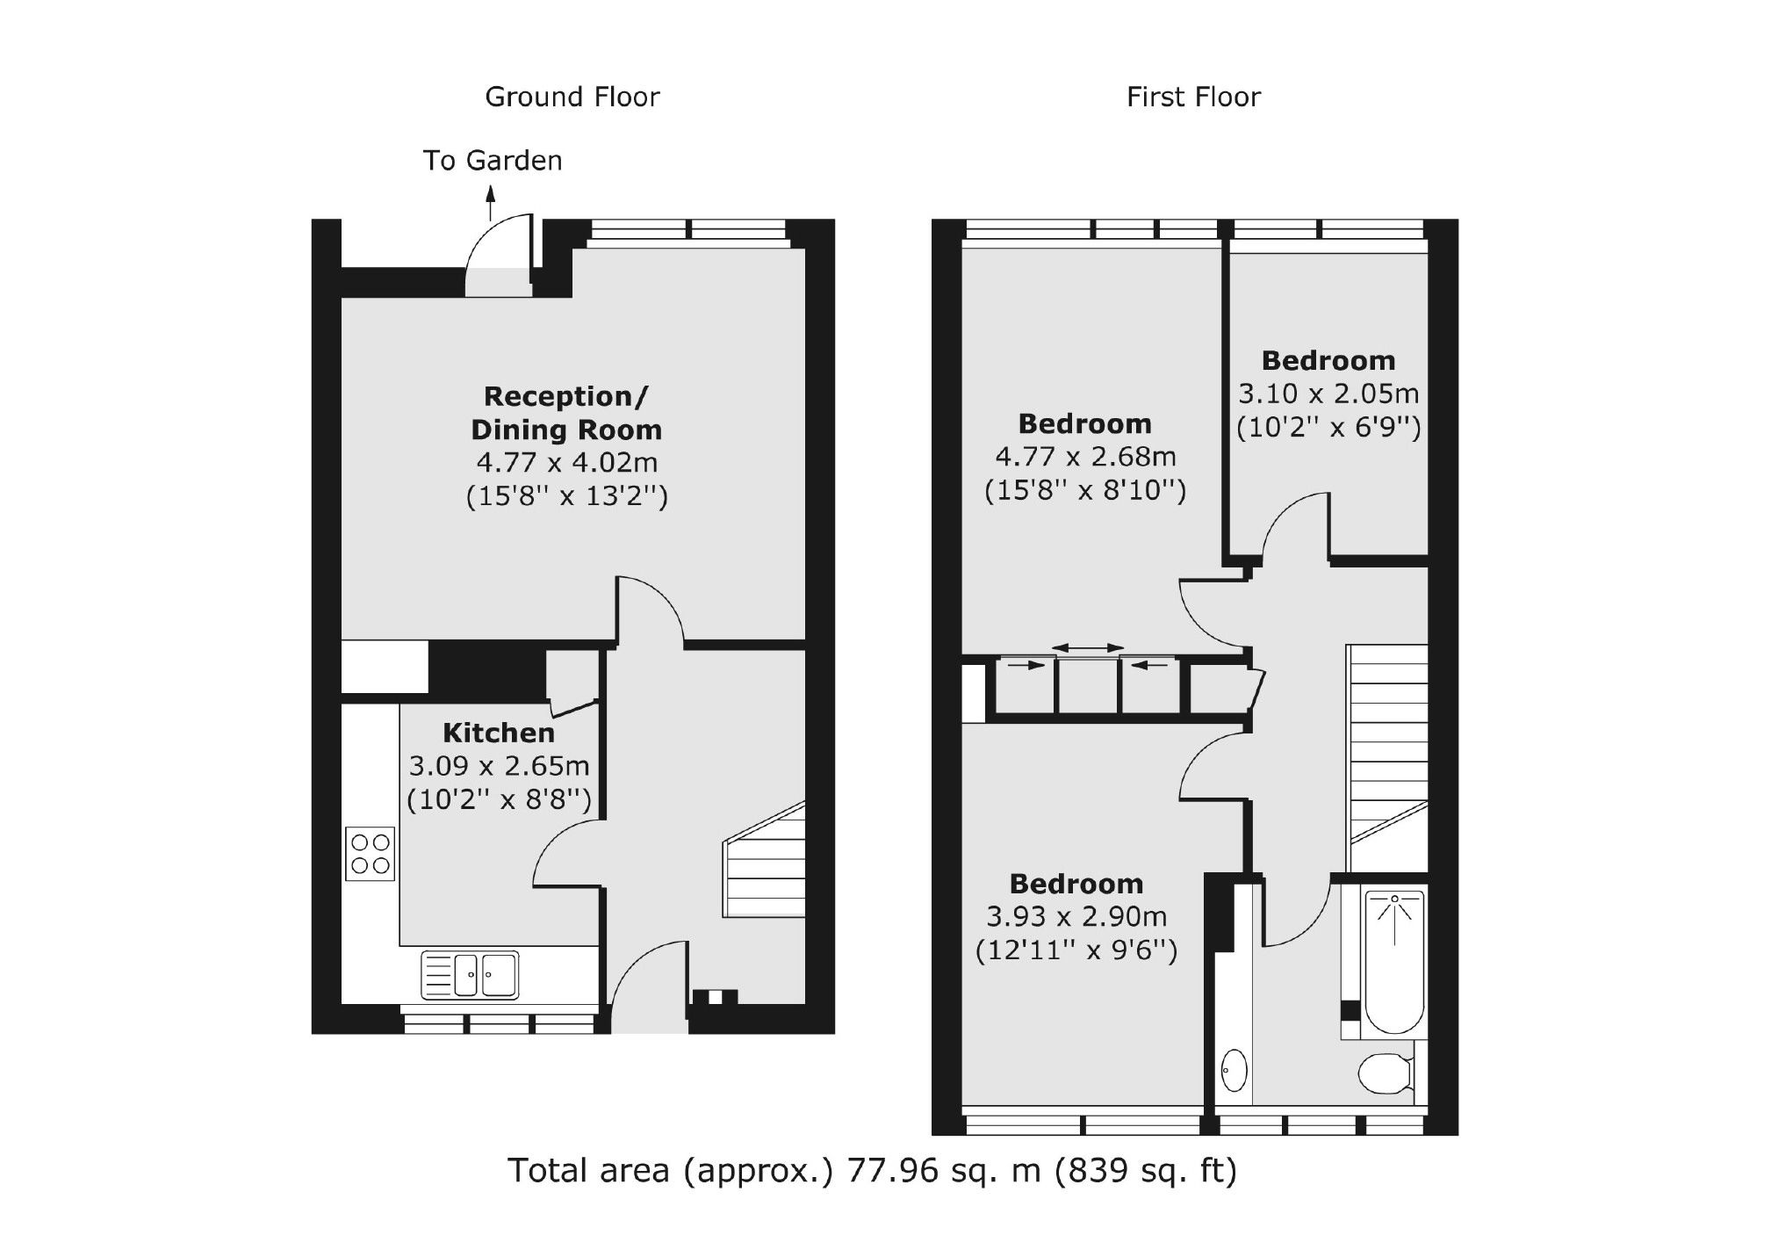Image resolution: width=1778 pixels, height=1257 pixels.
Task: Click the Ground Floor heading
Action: pyautogui.click(x=572, y=97)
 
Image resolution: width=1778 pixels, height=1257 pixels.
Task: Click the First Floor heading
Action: pyautogui.click(x=1193, y=97)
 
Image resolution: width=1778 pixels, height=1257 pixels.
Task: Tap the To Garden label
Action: pyautogui.click(x=493, y=161)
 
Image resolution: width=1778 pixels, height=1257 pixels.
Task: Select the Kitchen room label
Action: pyautogui.click(x=498, y=733)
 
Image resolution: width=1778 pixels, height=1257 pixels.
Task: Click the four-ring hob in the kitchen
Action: pyautogui.click(x=371, y=854)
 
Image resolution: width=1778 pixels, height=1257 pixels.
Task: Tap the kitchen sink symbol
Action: pyautogui.click(x=470, y=974)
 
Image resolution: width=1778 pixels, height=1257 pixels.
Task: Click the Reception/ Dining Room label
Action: pyautogui.click(x=566, y=413)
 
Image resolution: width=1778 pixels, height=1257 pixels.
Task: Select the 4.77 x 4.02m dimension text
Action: pyautogui.click(x=566, y=462)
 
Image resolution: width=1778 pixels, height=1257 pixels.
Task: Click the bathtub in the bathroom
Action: pyautogui.click(x=1393, y=961)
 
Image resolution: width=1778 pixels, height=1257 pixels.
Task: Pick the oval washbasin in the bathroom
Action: pyautogui.click(x=1234, y=1070)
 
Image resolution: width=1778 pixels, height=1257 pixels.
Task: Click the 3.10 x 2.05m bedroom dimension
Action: pyautogui.click(x=1328, y=394)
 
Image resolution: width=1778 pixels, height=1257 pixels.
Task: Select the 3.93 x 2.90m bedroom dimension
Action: pyautogui.click(x=1076, y=917)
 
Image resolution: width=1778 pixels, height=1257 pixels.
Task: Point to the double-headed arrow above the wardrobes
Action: pyautogui.click(x=1088, y=648)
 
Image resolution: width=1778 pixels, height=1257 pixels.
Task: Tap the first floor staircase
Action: pyautogui.click(x=1387, y=747)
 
